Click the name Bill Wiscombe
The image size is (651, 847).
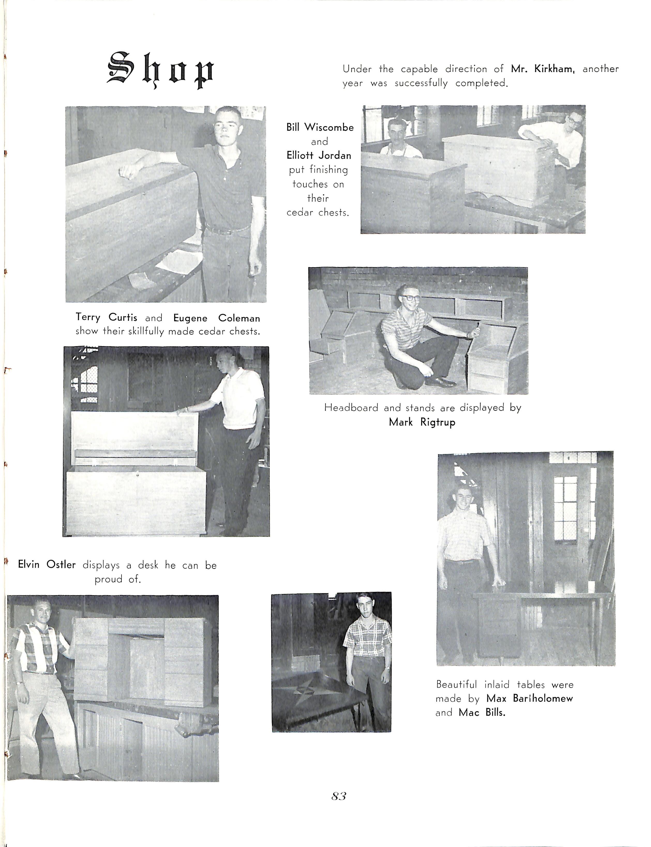click(320, 128)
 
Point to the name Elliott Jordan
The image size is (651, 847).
click(319, 155)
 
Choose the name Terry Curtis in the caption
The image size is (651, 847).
click(106, 317)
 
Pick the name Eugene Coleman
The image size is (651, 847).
click(216, 318)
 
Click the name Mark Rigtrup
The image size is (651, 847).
click(422, 422)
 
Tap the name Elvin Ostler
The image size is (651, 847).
click(47, 565)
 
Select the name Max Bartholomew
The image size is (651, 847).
click(529, 699)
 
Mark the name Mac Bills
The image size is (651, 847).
click(482, 713)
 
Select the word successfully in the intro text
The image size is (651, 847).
click(421, 83)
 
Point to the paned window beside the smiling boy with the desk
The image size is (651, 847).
click(565, 508)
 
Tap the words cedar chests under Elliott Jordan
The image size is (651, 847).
click(318, 212)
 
